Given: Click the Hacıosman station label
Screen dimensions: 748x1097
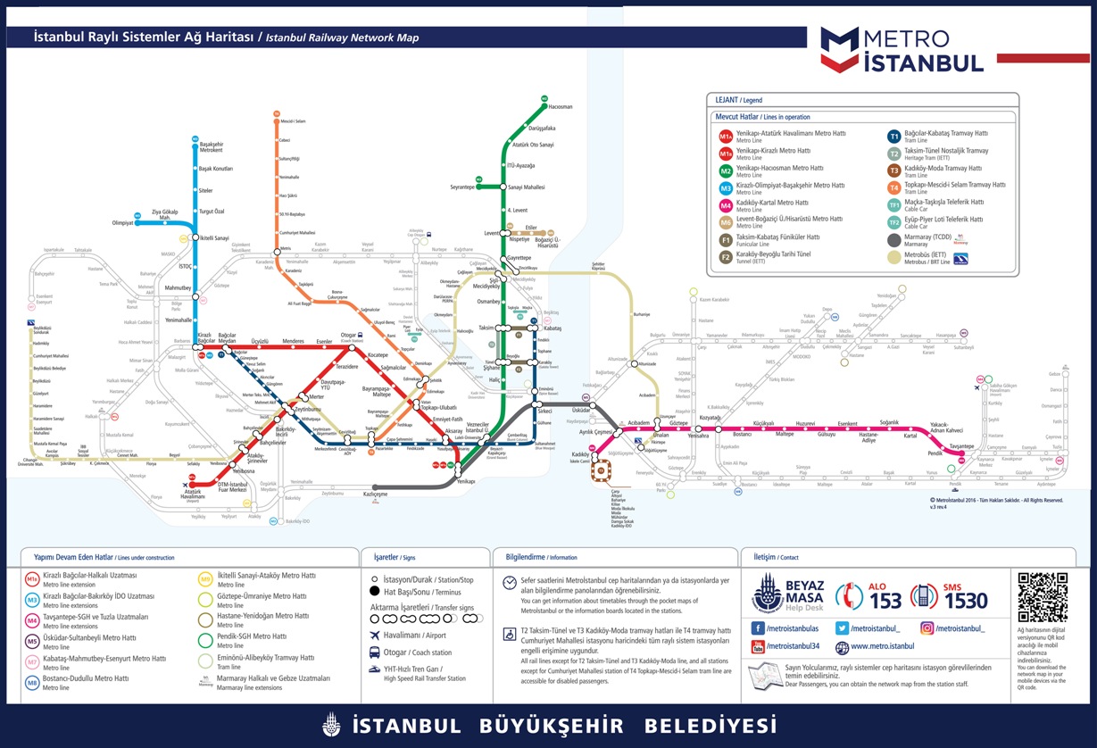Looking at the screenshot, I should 560,107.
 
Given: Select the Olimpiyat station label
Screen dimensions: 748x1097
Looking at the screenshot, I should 122,223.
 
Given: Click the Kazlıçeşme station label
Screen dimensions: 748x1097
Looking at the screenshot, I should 375,494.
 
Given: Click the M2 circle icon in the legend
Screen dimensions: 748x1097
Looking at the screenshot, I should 726,169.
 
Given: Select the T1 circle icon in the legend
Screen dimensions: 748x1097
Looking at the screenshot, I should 893,137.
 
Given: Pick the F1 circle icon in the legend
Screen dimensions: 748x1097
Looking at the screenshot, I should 726,238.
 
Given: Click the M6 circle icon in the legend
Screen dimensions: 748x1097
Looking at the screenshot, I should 726,221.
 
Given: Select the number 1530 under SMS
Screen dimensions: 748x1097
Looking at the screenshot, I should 966,601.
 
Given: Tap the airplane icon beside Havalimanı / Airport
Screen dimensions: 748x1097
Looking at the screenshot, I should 375,635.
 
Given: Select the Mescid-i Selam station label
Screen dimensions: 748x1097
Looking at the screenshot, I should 294,121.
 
